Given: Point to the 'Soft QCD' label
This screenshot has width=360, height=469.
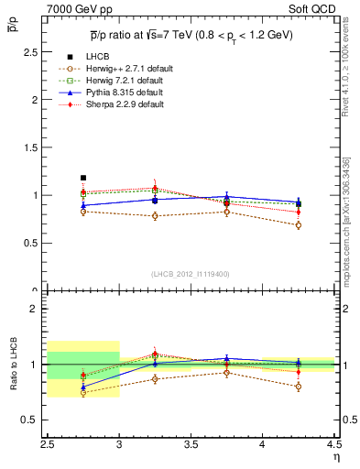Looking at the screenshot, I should (312, 9).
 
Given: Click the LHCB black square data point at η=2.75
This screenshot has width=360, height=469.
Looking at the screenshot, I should (83, 178).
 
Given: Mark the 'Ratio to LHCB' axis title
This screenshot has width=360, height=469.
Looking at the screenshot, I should (14, 365).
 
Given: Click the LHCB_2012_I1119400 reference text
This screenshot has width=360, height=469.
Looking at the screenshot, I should (191, 273).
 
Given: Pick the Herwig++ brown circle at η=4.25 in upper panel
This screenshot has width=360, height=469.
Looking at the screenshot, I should (298, 225).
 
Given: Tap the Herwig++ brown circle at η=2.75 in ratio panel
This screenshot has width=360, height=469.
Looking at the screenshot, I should (83, 393).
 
